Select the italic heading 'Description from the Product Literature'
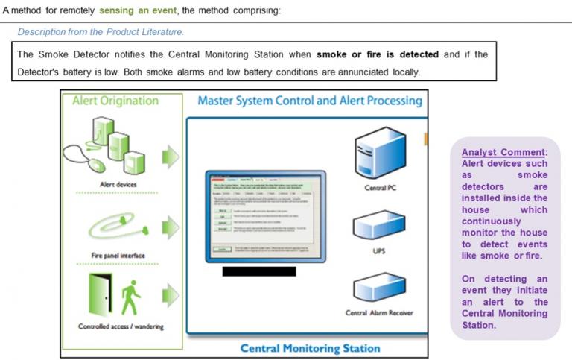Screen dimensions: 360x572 pos(101,32)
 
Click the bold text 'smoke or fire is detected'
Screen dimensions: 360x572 pos(378,54)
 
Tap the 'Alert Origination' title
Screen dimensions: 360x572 pos(115,101)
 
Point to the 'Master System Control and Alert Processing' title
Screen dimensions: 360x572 pos(309,101)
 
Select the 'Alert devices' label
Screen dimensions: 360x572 pos(117,184)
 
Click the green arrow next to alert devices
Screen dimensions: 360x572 pos(171,156)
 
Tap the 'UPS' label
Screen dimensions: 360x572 pos(378,251)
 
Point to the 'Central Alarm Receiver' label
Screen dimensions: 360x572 pos(378,313)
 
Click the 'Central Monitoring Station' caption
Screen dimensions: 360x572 pos(309,348)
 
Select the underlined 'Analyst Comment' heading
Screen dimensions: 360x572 pos(504,152)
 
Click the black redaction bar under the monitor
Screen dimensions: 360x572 pos(258,271)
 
